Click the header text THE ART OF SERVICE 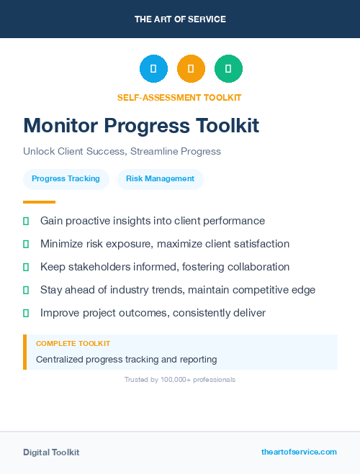(180, 19)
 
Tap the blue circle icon (153, 69)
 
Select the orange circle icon (191, 69)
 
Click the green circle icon (228, 69)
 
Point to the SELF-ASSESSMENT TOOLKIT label (180, 97)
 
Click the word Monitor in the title (60, 126)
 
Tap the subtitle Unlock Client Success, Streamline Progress (122, 152)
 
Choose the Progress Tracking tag (66, 179)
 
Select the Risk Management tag (160, 179)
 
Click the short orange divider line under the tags (39, 202)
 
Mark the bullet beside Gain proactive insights (26, 221)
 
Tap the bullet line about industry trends (177, 290)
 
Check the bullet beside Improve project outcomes (26, 313)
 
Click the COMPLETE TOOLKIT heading (73, 344)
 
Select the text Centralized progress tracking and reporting (126, 359)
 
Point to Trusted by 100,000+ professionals (180, 379)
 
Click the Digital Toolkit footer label (51, 452)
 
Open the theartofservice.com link (299, 452)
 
